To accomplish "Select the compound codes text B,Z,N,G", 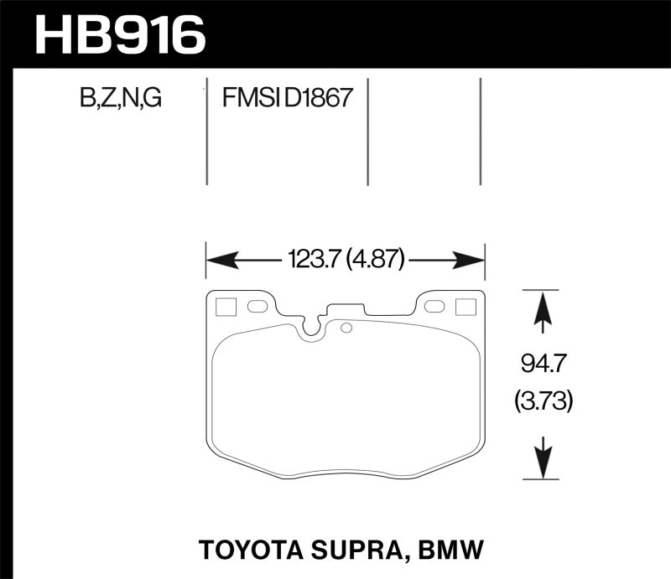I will [x=120, y=101].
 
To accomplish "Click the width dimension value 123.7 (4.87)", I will [x=346, y=261].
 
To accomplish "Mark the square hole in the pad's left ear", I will [x=225, y=307].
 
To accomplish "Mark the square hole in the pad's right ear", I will [x=465, y=307].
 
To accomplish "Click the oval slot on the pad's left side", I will [x=257, y=307].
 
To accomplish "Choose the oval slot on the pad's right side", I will [x=434, y=307].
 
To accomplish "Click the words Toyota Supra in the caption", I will [x=283, y=551].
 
